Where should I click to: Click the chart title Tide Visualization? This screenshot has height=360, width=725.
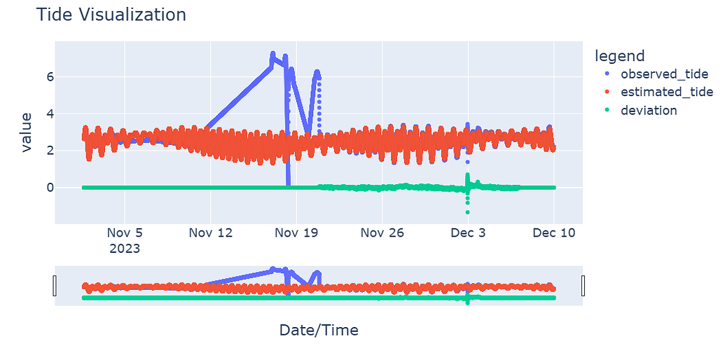click(111, 15)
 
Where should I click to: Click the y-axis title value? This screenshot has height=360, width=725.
click(27, 132)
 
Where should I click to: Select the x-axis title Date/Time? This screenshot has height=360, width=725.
click(319, 330)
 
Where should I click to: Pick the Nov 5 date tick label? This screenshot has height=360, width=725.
click(125, 233)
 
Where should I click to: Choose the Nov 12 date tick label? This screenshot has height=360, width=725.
click(211, 233)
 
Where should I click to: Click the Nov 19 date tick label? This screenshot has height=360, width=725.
click(296, 233)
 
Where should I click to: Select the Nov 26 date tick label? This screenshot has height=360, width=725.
click(382, 233)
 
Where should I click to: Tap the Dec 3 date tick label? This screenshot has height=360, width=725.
click(468, 233)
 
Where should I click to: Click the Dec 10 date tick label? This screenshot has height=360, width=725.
click(554, 233)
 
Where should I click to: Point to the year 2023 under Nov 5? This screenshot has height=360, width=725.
click(125, 249)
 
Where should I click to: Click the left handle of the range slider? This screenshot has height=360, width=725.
click(55, 286)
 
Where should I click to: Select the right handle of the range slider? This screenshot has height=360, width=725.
click(583, 286)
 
